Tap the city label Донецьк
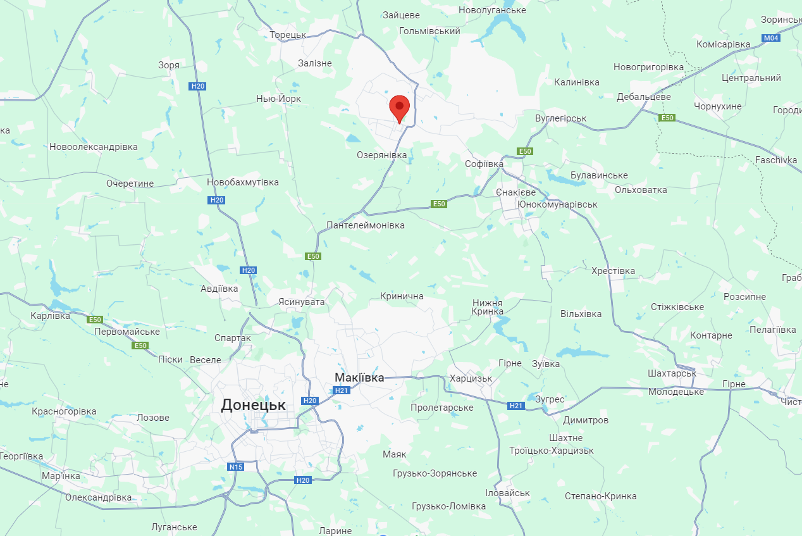tap(253, 405)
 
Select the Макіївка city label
tap(359, 378)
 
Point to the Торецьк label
tap(288, 35)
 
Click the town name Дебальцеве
tap(644, 97)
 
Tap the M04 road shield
tap(771, 38)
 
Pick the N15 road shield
tap(236, 467)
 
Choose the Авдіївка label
tap(219, 289)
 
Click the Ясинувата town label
tap(302, 302)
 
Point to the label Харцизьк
tap(471, 378)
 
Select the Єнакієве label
tap(515, 192)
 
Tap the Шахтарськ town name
tap(672, 373)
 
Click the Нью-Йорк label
tap(278, 99)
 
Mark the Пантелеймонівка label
tap(366, 225)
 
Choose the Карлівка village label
tap(51, 315)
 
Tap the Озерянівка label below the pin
tap(382, 154)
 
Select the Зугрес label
tap(550, 399)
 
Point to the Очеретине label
tap(130, 184)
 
